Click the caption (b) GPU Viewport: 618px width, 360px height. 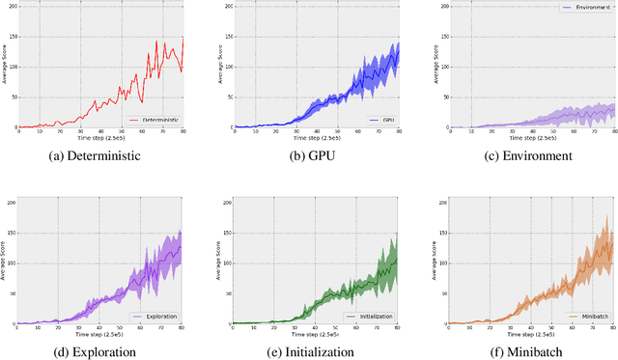308,155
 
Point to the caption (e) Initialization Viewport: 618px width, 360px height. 308,351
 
